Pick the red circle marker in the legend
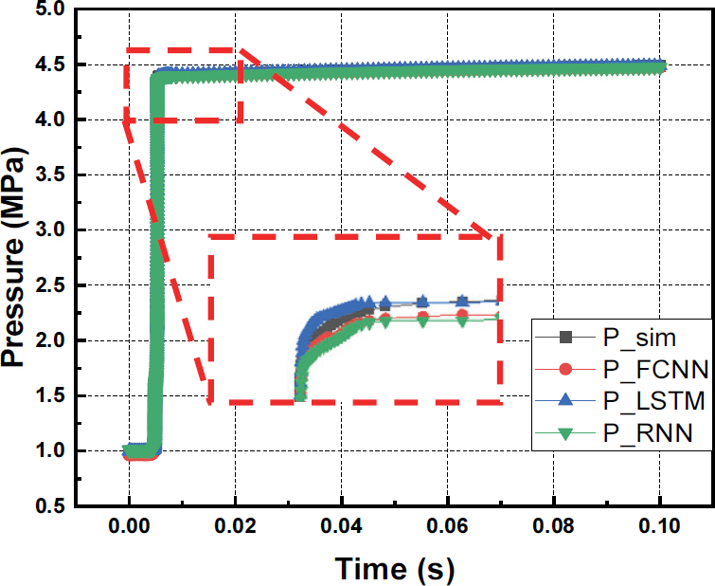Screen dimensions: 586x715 565,369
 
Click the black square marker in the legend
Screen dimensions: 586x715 565,337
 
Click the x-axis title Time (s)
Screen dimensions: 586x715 396,568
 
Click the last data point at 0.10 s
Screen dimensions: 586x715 661,66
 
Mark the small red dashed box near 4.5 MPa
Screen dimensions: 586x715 184,84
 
